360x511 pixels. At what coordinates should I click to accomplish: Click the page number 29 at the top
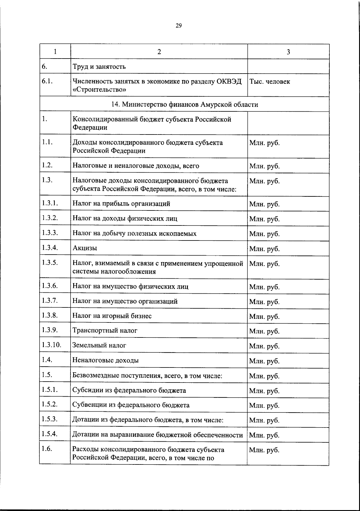(x=178, y=26)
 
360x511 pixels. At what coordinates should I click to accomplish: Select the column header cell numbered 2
(x=159, y=52)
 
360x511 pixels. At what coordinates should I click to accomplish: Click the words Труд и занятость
(x=99, y=67)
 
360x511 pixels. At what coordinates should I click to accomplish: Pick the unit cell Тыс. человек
(x=270, y=82)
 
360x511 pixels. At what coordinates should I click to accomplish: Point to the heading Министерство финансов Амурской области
(x=184, y=104)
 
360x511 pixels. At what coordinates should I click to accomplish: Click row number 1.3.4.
(x=50, y=248)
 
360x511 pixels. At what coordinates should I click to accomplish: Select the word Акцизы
(x=85, y=248)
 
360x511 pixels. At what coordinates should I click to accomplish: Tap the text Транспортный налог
(x=105, y=331)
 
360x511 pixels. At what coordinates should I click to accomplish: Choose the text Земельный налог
(x=99, y=345)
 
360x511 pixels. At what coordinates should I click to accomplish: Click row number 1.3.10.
(x=52, y=345)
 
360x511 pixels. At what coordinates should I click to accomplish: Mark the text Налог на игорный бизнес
(x=112, y=316)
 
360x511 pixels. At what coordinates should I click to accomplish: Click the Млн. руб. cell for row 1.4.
(x=264, y=361)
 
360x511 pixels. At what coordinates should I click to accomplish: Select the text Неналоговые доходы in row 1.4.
(x=106, y=360)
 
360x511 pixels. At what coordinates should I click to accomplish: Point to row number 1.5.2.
(x=50, y=404)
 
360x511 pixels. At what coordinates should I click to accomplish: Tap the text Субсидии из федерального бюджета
(x=129, y=390)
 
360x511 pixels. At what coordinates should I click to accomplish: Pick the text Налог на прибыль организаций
(x=121, y=204)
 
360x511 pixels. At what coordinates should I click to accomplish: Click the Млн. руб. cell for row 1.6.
(x=264, y=450)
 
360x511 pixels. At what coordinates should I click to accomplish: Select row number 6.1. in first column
(x=48, y=81)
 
